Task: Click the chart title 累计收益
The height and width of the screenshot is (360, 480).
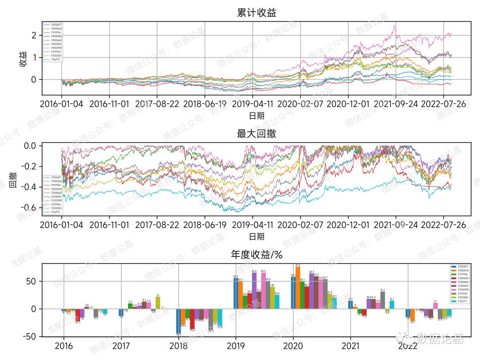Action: click(256, 13)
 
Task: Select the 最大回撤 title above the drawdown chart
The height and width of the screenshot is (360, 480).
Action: click(256, 133)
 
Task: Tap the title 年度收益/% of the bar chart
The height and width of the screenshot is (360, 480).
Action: click(256, 255)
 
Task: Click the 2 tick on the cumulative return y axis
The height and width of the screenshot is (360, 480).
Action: click(34, 35)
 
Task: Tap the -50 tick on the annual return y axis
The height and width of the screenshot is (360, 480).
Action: click(31, 336)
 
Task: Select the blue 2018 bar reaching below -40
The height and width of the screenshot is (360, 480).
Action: click(178, 321)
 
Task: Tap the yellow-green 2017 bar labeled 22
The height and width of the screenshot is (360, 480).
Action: click(158, 303)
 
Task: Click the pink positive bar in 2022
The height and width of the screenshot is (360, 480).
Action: click(436, 306)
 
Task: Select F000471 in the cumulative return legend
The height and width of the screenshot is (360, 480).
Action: click(56, 25)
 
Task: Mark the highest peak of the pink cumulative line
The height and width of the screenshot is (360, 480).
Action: click(394, 25)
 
